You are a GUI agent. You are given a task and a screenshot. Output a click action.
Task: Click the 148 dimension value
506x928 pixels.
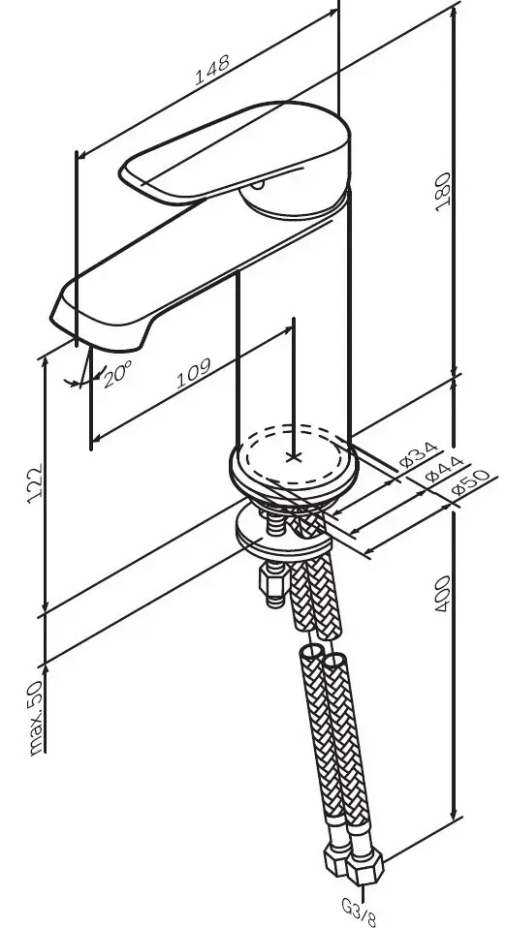pyautogui.click(x=211, y=70)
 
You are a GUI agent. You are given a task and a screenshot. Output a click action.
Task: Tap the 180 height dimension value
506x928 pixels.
pyautogui.click(x=443, y=193)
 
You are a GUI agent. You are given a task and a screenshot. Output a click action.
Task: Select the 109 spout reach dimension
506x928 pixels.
pyautogui.click(x=194, y=373)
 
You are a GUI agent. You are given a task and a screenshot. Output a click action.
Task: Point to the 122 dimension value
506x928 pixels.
pyautogui.click(x=35, y=483)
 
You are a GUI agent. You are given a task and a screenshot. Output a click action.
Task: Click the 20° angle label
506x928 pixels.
pyautogui.click(x=116, y=375)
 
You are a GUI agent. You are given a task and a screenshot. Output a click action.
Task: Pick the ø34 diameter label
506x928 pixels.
pyautogui.click(x=419, y=454)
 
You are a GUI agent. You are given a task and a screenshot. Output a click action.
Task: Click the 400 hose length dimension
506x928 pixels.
pyautogui.click(x=443, y=594)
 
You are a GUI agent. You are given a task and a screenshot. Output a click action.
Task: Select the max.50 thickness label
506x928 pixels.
pyautogui.click(x=35, y=717)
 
